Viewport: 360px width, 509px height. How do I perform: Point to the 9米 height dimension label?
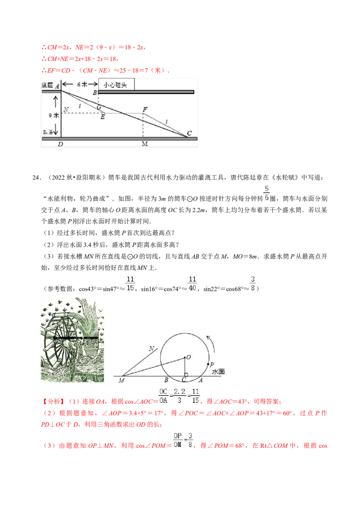click(54, 115)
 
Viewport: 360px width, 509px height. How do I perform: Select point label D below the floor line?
click(61, 144)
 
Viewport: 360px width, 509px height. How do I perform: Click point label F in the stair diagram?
click(144, 109)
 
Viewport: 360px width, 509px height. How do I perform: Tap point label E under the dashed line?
click(103, 117)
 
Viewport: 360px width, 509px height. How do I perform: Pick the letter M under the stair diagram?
click(144, 144)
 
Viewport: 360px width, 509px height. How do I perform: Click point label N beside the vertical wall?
click(66, 109)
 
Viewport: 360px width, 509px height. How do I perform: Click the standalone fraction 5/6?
click(266, 192)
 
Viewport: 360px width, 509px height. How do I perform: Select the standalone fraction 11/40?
click(192, 282)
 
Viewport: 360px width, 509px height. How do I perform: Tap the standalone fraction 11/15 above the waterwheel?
click(130, 282)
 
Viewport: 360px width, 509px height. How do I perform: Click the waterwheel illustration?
click(72, 339)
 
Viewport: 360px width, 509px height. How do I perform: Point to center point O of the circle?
click(188, 357)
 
